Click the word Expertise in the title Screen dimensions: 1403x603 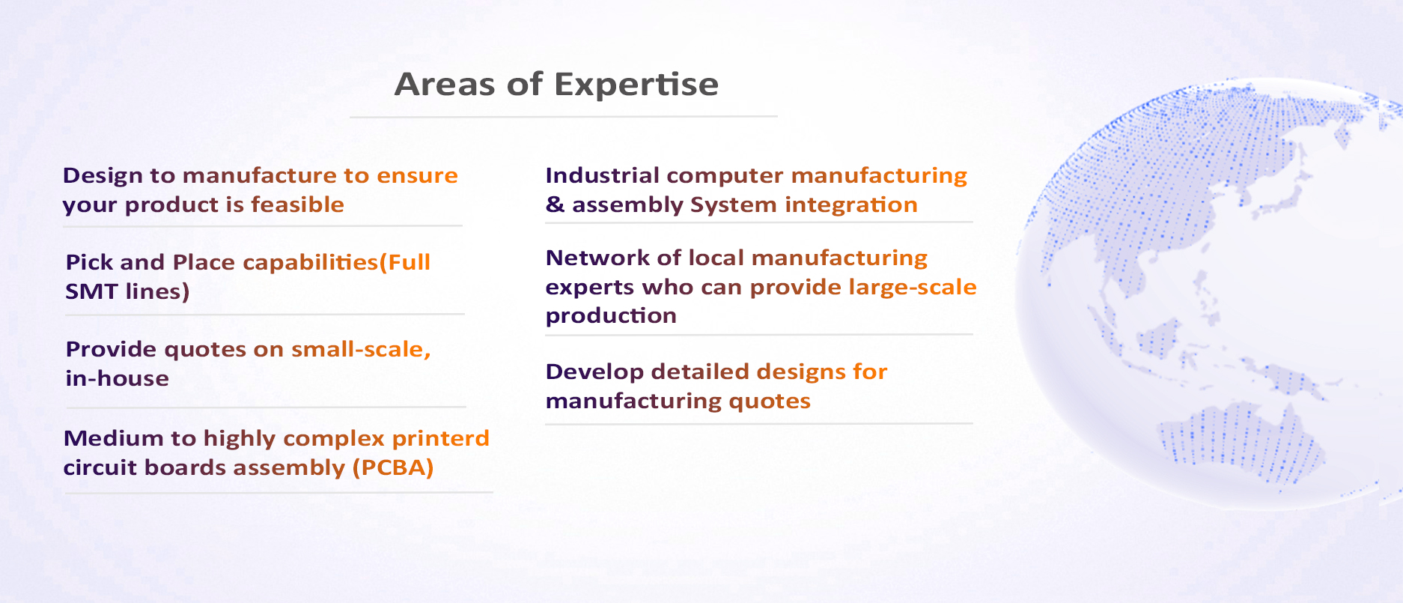pos(636,85)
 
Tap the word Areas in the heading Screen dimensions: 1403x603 pos(445,84)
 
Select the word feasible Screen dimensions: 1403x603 pos(297,204)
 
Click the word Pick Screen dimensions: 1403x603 pos(89,262)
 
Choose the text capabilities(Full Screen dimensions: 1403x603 pos(336,263)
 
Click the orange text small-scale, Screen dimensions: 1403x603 pos(361,349)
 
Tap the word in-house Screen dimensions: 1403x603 pos(117,378)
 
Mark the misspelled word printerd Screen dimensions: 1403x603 pos(440,439)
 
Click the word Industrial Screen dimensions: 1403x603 pos(603,175)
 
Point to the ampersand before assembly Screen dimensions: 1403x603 pos(555,204)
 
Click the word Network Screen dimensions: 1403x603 pos(598,258)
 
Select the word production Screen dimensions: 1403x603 pos(611,316)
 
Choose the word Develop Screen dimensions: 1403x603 pos(594,372)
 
